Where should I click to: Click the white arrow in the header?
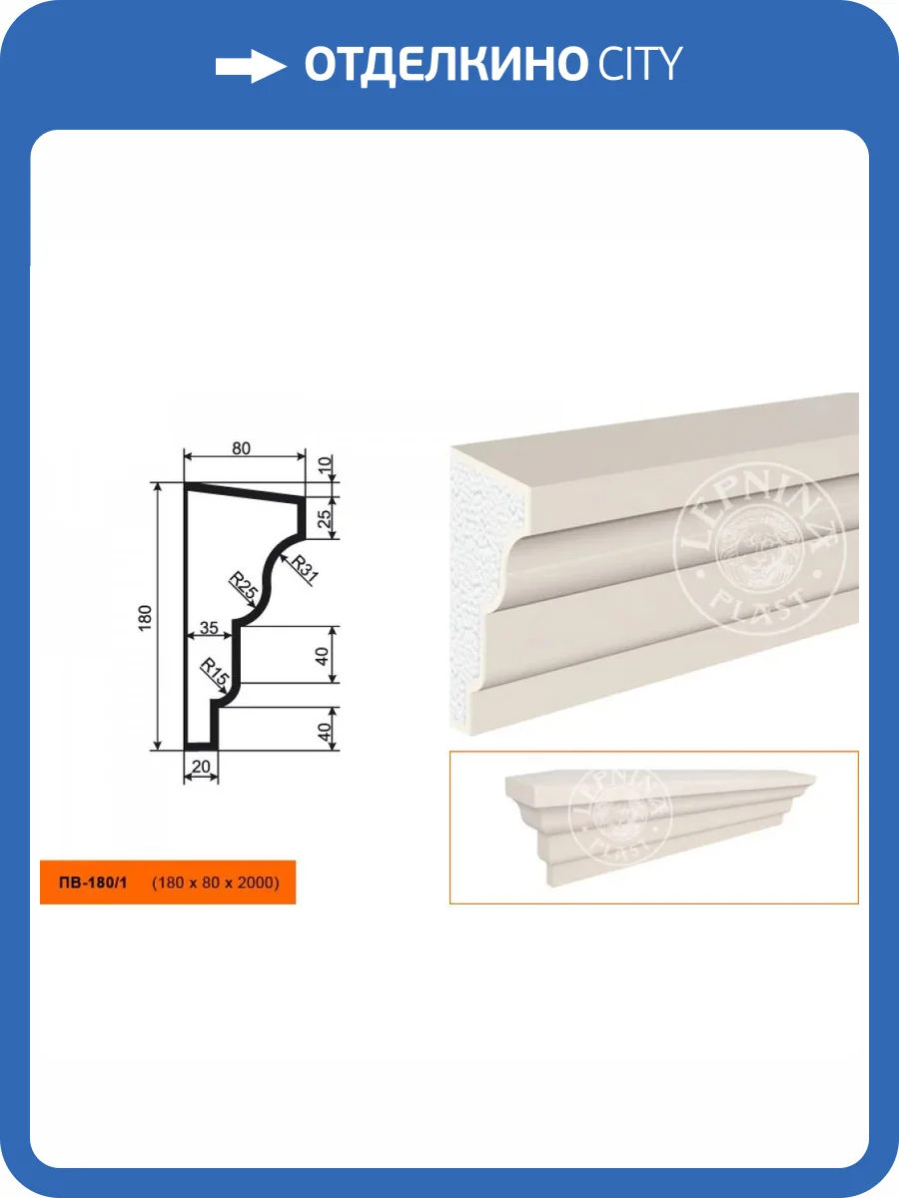251,67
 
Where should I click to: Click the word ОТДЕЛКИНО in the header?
445,65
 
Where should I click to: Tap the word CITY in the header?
639,63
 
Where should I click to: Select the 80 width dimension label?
241,448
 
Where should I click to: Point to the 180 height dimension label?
145,618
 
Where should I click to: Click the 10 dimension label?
325,465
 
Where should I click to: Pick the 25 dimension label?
325,518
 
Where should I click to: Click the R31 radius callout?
305,568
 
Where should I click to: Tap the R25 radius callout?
243,585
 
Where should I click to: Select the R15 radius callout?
215,672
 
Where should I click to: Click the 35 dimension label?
209,628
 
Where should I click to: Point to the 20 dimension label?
201,767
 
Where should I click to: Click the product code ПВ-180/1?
93,883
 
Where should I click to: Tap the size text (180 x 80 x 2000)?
215,883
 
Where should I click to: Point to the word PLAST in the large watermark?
759,610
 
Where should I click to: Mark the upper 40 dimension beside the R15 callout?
322,656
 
